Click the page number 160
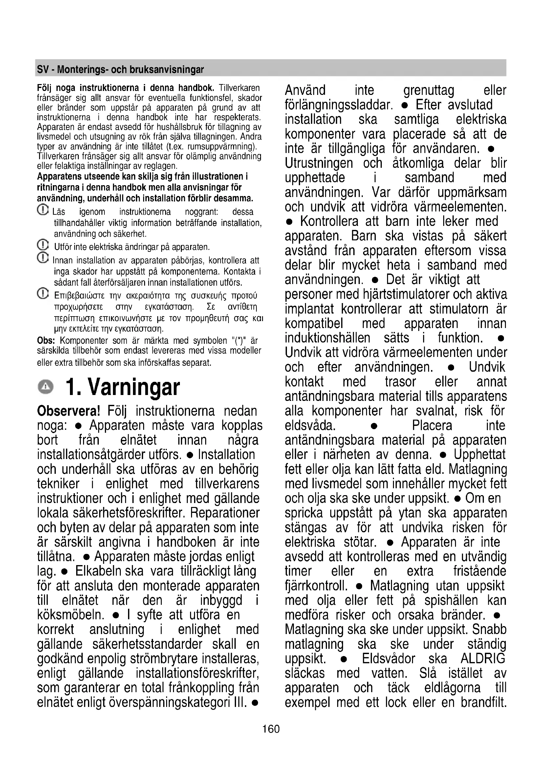pyautogui.click(x=271, y=729)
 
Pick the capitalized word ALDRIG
pyautogui.click(x=483, y=659)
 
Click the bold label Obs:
pyautogui.click(x=46, y=341)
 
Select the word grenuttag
pyautogui.click(x=429, y=90)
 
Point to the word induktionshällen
pyautogui.click(x=327, y=338)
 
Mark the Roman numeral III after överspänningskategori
pyautogui.click(x=240, y=702)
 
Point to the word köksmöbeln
pyautogui.click(x=71, y=615)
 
